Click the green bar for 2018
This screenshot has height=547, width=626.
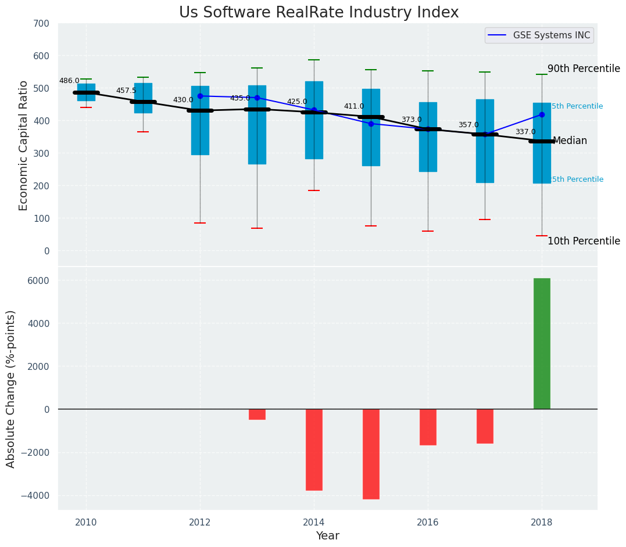coord(542,343)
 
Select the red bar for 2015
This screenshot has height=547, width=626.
coord(371,454)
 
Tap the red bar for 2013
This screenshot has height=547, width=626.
coord(257,414)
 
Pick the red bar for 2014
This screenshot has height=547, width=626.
coord(314,449)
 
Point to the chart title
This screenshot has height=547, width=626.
coord(319,13)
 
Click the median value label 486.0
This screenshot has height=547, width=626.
coord(69,81)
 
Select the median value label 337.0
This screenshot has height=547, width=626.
coord(525,132)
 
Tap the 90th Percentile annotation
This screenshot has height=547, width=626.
coord(584,69)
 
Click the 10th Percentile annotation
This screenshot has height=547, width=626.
coord(584,241)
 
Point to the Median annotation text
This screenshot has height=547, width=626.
coord(570,141)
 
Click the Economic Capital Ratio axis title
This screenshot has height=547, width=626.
coord(24,145)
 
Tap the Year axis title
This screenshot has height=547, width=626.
coord(328,536)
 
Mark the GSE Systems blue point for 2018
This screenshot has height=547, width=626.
coord(542,114)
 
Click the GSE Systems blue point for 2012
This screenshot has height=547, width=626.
coord(200,96)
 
